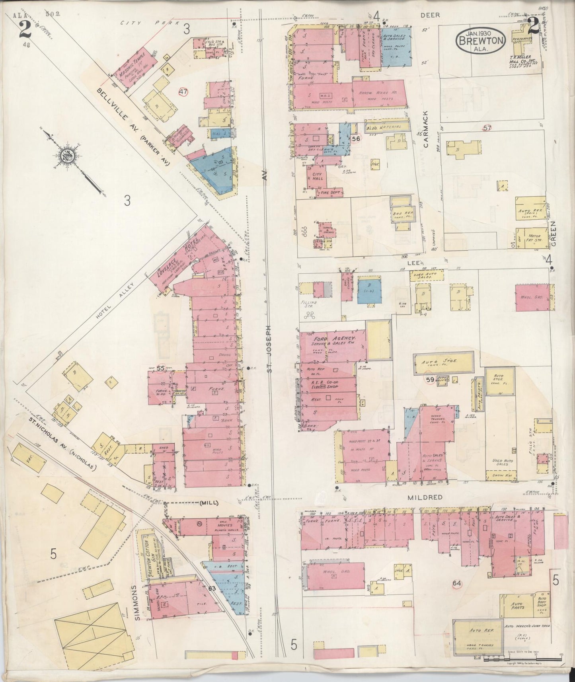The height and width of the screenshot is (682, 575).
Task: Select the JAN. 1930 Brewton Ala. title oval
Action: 481,40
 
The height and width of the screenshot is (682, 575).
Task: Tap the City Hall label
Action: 317,177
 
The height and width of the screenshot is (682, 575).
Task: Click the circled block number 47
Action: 183,92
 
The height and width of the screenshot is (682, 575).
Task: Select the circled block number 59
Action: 430,380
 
